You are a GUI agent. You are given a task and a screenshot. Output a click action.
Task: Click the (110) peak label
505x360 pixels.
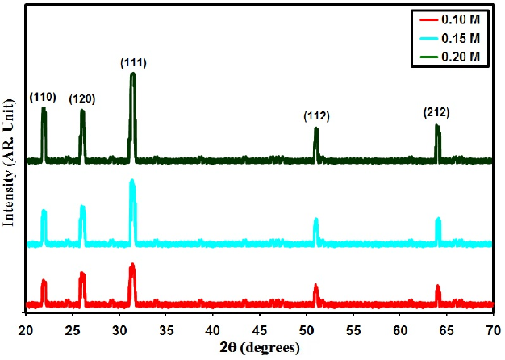43,98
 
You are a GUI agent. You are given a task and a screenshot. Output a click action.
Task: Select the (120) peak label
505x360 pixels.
82,99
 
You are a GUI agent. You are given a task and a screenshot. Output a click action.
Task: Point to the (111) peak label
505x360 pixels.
133,62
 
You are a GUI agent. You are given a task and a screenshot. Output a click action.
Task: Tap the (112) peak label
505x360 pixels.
317,117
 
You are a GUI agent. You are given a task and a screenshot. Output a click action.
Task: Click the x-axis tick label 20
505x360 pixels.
26,330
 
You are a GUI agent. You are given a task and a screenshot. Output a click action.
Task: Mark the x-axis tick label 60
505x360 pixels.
400,330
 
